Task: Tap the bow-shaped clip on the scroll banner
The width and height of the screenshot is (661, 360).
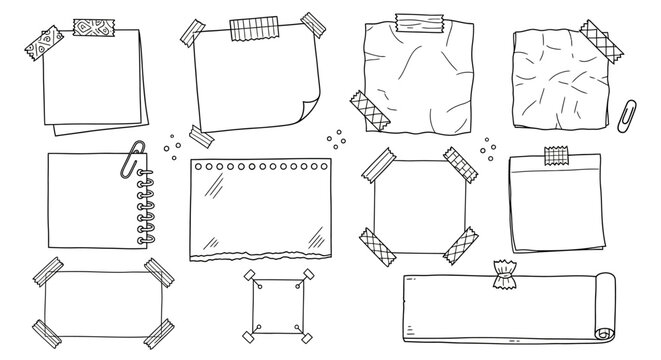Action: click(501, 275)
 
